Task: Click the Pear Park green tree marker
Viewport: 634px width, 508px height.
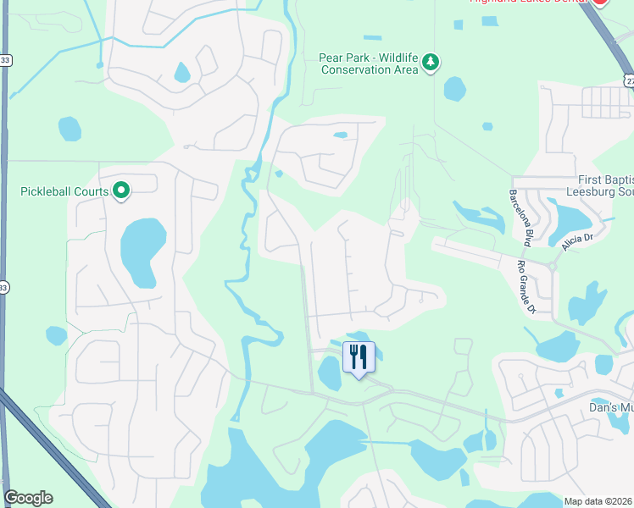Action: (x=431, y=62)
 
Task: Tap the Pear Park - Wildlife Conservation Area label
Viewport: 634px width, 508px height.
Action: (x=369, y=63)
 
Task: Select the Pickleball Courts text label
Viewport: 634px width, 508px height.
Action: (x=64, y=191)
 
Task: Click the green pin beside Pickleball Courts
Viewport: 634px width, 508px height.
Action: (x=121, y=190)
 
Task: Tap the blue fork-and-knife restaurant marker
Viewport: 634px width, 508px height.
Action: (x=359, y=357)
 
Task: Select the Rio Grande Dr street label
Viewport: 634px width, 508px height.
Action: (x=527, y=286)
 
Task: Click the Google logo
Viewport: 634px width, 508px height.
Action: (x=28, y=498)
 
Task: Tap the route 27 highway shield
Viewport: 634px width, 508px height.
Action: (x=628, y=79)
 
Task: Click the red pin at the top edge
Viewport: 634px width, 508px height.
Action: (x=599, y=3)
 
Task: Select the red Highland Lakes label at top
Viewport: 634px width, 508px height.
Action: (x=529, y=3)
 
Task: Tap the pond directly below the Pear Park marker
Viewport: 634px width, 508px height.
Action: (x=455, y=88)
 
